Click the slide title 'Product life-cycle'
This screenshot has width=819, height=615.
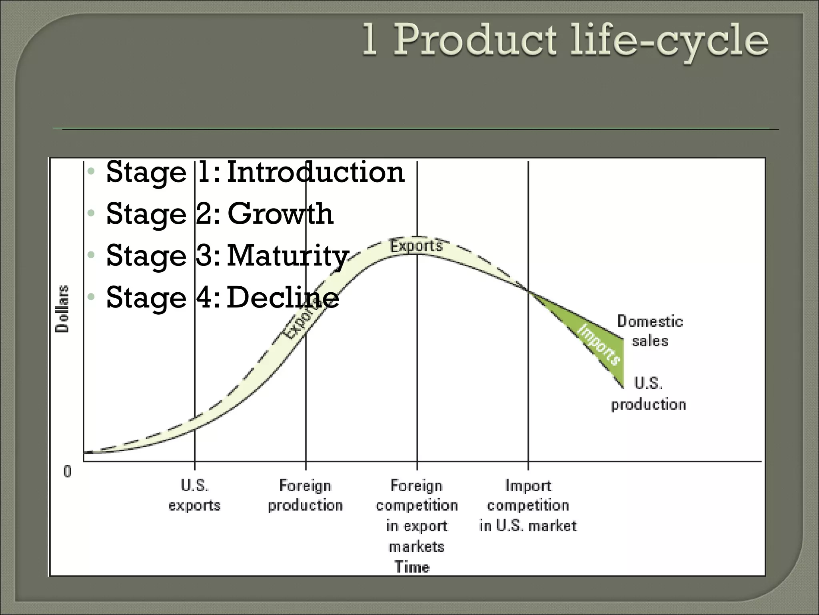pyautogui.click(x=580, y=40)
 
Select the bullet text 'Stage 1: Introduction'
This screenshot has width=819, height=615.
pyautogui.click(x=255, y=172)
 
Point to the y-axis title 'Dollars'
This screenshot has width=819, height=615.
pyautogui.click(x=62, y=309)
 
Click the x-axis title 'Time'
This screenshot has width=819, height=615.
pyautogui.click(x=412, y=567)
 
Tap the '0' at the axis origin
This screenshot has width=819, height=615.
pyautogui.click(x=67, y=472)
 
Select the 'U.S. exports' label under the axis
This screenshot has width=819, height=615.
pyautogui.click(x=194, y=495)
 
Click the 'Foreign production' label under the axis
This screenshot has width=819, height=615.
pyautogui.click(x=306, y=495)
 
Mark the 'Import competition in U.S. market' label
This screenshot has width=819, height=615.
pyautogui.click(x=528, y=505)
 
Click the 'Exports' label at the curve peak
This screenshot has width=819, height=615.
pyautogui.click(x=416, y=245)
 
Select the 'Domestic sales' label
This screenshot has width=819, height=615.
pyautogui.click(x=650, y=331)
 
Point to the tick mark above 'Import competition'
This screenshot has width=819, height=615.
pyautogui.click(x=528, y=466)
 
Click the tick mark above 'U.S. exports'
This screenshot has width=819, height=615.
pyautogui.click(x=195, y=466)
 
